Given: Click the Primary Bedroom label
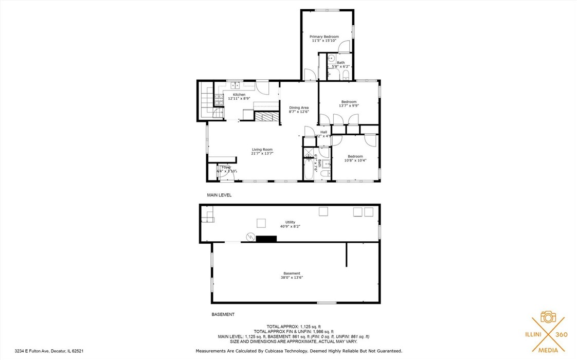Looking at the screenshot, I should (324, 37).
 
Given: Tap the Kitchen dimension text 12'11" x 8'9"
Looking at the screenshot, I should (239, 99).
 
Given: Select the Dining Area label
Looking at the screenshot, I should (298, 107).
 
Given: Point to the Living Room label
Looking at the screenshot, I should (262, 150).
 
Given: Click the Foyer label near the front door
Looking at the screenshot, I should (226, 167).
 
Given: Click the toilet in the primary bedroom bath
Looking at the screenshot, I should (346, 76).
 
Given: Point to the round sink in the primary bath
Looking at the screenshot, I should (331, 59).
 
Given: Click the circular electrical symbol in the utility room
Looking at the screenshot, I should (250, 237).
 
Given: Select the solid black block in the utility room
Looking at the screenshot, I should (266, 239).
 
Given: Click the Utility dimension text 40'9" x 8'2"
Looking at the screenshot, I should (291, 226).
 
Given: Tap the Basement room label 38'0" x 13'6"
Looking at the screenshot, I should (292, 277).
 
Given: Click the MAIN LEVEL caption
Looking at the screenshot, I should (219, 195).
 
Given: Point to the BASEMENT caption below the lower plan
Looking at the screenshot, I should (223, 314).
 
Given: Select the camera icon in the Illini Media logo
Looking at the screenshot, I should (548, 316).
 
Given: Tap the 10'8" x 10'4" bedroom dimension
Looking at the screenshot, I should (355, 160).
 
